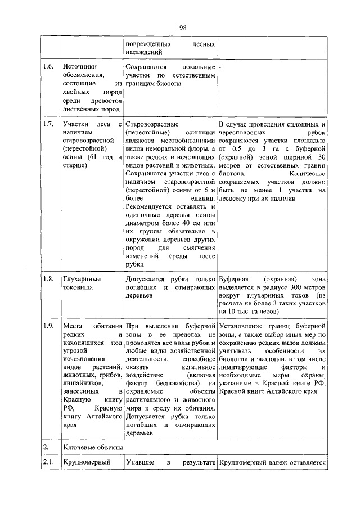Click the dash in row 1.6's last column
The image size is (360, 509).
(220, 66)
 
